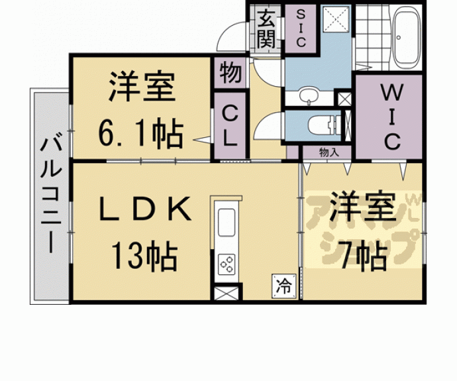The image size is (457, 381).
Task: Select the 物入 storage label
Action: pyautogui.click(x=329, y=152)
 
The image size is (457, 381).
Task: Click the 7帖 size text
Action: pyautogui.click(x=362, y=255)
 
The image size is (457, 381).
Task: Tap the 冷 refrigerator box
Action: pyautogui.click(x=283, y=286)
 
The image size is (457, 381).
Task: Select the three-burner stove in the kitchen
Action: pyautogui.click(x=227, y=263)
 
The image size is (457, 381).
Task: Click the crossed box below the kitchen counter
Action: pyautogui.click(x=225, y=294)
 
